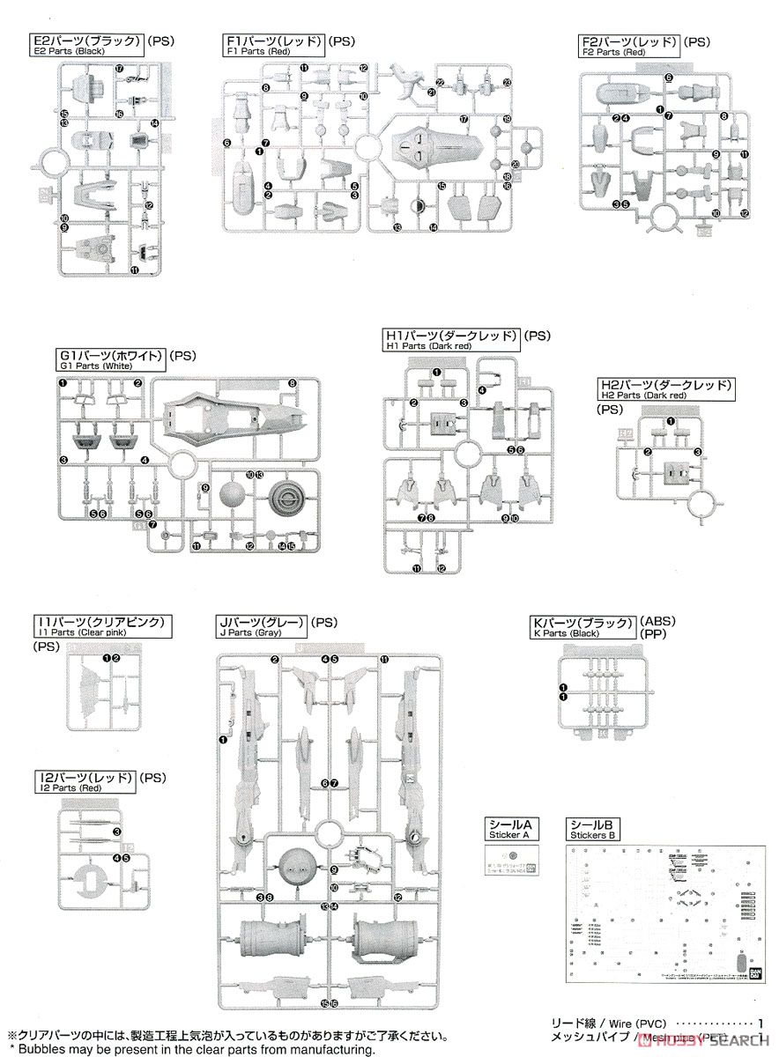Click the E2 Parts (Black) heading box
coord(85,45)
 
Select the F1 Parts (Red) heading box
coord(274,45)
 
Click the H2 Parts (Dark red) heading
coord(664,390)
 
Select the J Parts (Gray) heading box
coord(262,627)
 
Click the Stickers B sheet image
coord(662,913)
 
